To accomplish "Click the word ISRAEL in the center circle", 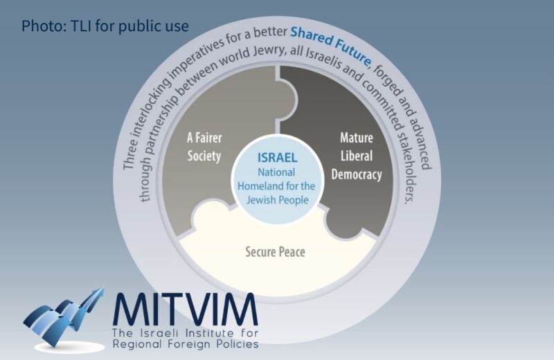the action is [x=278, y=158].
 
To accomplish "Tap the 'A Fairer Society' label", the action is [x=204, y=147].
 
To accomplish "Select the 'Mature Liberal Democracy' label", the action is [x=357, y=156].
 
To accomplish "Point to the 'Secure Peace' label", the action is [x=275, y=252].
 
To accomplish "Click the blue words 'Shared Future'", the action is [x=331, y=44].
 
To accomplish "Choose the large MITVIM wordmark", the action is [x=186, y=309].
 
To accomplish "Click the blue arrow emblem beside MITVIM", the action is [x=64, y=317].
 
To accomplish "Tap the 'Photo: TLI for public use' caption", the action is [x=105, y=26].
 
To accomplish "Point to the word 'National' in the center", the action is [x=276, y=172].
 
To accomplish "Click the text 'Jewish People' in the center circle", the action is [x=278, y=200].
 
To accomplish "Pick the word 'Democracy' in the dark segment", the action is [x=357, y=174].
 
